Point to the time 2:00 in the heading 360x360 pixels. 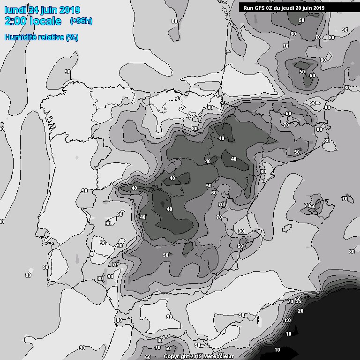pyautogui.click(x=15, y=21)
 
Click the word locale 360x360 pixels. pyautogui.click(x=45, y=21)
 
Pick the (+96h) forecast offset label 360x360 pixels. pyautogui.click(x=81, y=21)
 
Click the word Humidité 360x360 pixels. pyautogui.click(x=20, y=37)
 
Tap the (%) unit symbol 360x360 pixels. pyautogui.click(x=72, y=37)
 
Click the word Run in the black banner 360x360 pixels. pyautogui.click(x=248, y=7)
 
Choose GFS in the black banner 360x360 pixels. pyautogui.click(x=260, y=7)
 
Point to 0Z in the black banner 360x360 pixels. pyautogui.click(x=271, y=7)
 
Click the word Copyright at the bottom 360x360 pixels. pyautogui.click(x=178, y=356)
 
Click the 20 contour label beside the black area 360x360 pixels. pyautogui.click(x=300, y=311)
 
